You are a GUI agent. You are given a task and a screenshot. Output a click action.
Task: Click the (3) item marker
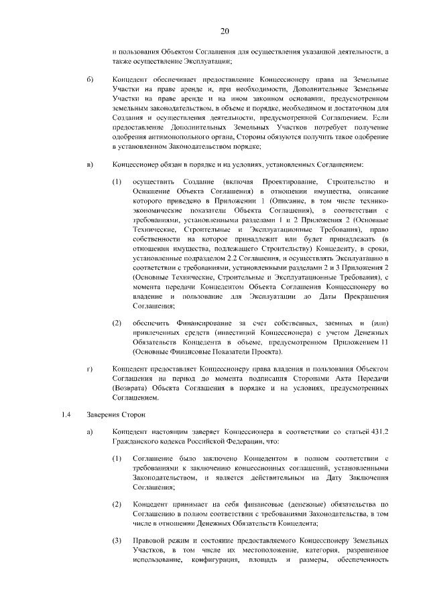point(117,539)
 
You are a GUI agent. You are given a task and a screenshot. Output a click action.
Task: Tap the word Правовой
point(149,539)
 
